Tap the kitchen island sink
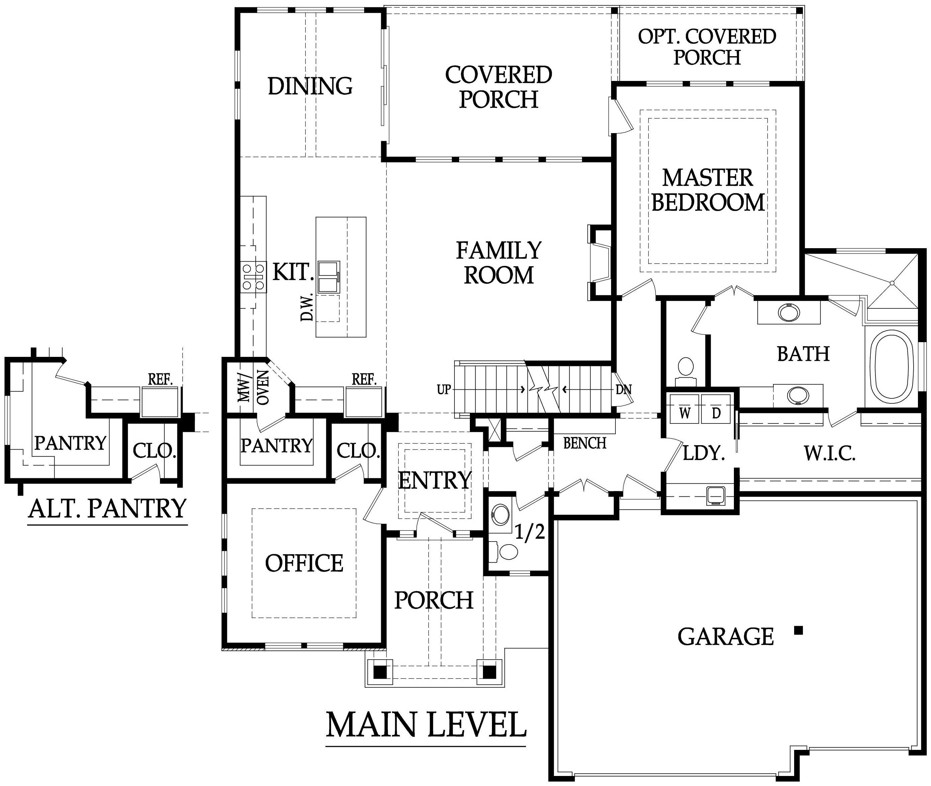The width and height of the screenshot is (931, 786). coord(329,277)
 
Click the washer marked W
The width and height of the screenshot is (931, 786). coord(684,409)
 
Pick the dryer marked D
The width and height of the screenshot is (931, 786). coord(715,409)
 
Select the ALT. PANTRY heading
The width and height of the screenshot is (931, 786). coord(107,508)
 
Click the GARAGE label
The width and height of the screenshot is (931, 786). coord(726,636)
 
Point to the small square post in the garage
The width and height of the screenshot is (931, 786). coord(798,630)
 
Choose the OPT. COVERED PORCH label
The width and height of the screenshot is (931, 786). coord(707,47)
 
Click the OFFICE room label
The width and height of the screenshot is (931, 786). coord(304,563)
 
